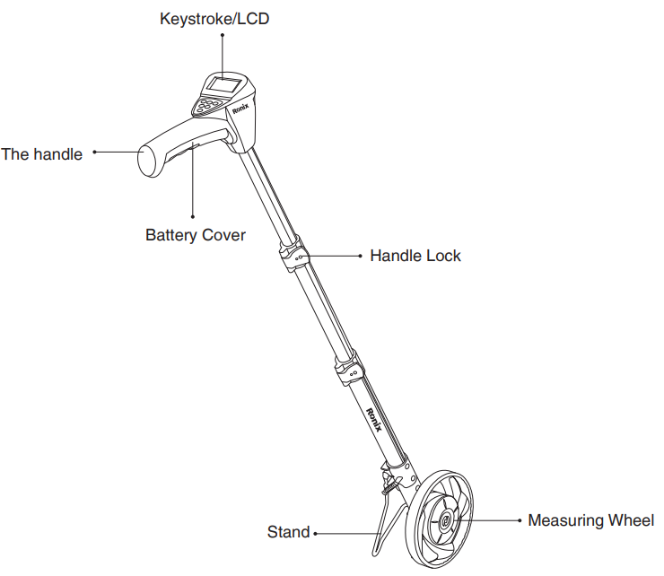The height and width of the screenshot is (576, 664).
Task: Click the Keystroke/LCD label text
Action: pos(214,18)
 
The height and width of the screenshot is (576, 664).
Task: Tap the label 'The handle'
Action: pos(42,154)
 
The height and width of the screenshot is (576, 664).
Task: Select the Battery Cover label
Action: pos(196,235)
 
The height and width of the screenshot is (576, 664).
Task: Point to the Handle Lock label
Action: pos(415,256)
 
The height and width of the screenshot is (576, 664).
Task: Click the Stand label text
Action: pos(288,532)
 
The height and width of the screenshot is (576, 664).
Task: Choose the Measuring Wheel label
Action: pos(591,520)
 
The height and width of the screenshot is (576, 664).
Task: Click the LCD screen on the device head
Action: pos(224,87)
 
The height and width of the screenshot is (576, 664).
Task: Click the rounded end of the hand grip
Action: pos(145,161)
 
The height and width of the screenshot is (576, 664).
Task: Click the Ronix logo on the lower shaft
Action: pos(374,418)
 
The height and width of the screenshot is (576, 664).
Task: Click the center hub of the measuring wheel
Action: pos(446,518)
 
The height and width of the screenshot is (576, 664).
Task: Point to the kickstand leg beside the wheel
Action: pos(385,520)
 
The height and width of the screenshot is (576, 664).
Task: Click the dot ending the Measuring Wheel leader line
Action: pos(520,520)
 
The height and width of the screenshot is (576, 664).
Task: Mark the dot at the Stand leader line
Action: pos(314,533)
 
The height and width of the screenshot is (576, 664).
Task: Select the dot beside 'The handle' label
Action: pos(94,153)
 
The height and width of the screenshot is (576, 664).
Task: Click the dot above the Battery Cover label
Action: pos(195,215)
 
